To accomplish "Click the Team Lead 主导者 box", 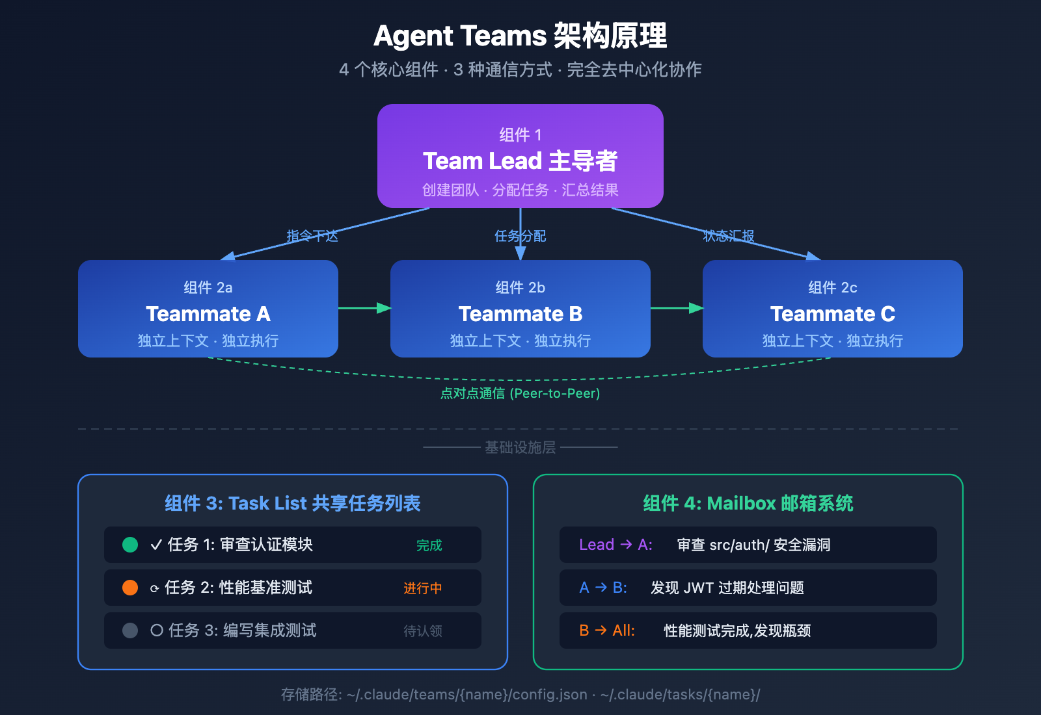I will click(520, 156).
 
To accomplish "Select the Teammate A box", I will click(208, 309).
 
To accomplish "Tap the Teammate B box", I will click(520, 309).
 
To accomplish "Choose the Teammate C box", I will click(832, 309).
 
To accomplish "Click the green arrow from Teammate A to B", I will click(364, 307).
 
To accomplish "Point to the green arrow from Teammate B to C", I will click(677, 307).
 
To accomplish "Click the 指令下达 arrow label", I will click(312, 236).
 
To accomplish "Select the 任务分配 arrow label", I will click(520, 236).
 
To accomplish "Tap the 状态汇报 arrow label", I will click(729, 236).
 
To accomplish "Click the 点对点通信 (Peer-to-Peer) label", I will click(520, 393).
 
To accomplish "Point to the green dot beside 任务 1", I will click(130, 545).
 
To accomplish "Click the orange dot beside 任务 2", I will click(130, 588).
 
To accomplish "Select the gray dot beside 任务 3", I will click(130, 630).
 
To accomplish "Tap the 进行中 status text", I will click(422, 588).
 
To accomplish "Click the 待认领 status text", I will click(422, 631).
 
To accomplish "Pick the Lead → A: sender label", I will click(615, 545).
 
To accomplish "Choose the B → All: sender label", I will click(606, 630).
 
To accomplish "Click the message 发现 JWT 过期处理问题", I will click(727, 588).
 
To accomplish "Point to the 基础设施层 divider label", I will click(520, 447).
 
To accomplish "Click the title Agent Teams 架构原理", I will click(520, 36).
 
